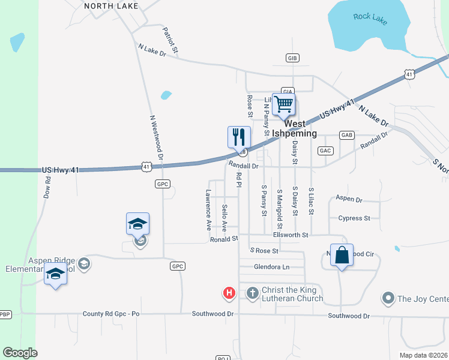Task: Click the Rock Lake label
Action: click(x=370, y=18)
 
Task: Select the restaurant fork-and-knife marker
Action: click(x=239, y=137)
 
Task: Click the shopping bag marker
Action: click(x=342, y=255)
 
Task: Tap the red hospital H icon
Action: click(x=229, y=293)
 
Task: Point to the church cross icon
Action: click(x=253, y=293)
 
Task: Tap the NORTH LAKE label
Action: click(x=111, y=6)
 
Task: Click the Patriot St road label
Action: click(x=170, y=40)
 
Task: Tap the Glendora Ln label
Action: click(x=271, y=267)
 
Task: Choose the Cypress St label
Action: click(x=354, y=218)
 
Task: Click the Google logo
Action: click(x=20, y=353)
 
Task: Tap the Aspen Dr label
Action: click(x=349, y=199)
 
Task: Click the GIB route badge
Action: click(x=292, y=58)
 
